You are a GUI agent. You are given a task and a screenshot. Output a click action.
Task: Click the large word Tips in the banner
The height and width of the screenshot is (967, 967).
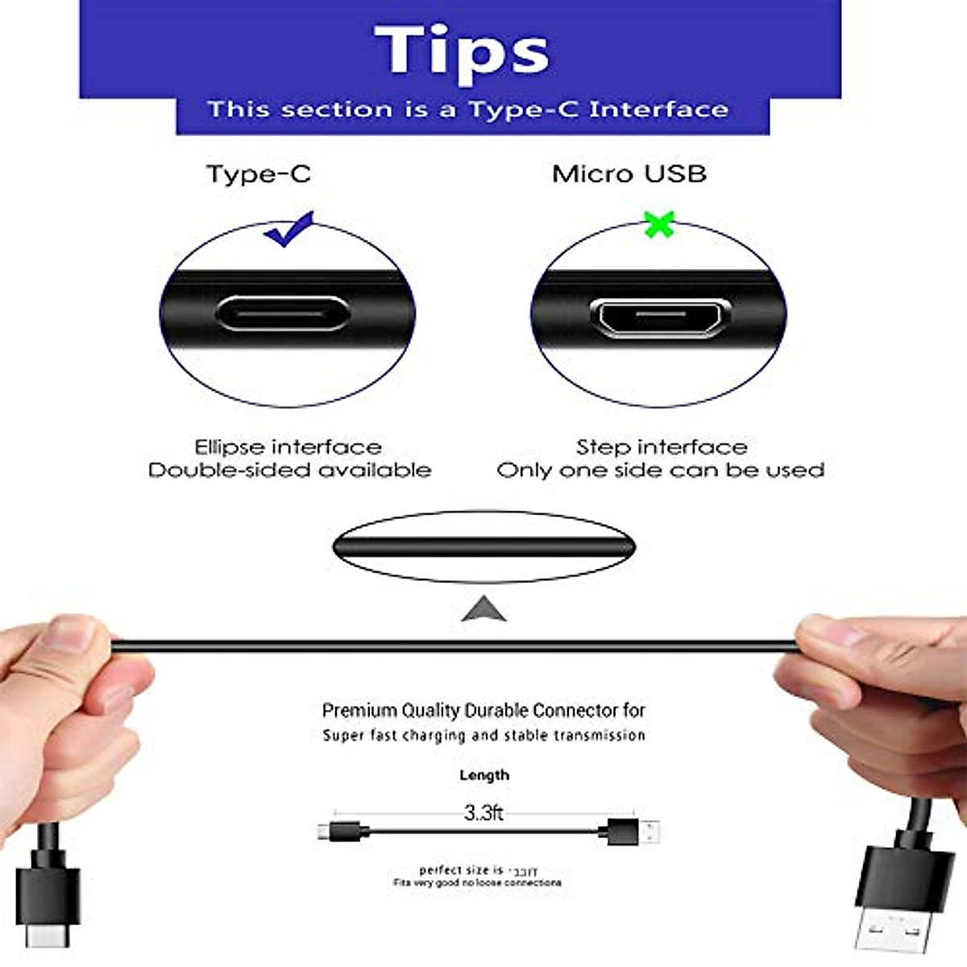[462, 51]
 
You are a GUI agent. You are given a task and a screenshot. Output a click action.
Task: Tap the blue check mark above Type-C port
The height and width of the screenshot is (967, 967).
[288, 229]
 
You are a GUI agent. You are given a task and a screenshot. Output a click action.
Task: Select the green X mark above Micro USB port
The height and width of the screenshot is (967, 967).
[659, 225]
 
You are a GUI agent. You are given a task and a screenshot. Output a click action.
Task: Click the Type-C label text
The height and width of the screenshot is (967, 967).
[259, 174]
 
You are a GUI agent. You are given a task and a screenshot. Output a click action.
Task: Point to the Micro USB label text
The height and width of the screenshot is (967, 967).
[629, 174]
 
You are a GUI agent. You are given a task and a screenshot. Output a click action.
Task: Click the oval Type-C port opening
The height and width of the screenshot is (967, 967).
[282, 313]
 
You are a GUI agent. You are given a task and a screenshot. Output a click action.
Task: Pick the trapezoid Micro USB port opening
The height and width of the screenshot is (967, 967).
[660, 316]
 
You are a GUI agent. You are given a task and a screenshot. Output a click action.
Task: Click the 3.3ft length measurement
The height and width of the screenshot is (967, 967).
[483, 813]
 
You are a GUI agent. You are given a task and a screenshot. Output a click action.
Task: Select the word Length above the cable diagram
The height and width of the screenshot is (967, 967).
[483, 775]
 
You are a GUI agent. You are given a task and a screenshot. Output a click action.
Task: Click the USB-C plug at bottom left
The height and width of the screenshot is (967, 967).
[47, 903]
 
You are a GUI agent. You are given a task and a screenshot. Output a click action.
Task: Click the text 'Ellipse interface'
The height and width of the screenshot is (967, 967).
[288, 447]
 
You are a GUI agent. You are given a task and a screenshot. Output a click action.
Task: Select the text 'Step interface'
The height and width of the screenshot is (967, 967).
[661, 447]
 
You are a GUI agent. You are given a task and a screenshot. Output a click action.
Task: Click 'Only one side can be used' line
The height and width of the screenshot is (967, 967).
[660, 471]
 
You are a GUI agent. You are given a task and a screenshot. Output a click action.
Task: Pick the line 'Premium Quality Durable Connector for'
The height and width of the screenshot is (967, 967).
[483, 711]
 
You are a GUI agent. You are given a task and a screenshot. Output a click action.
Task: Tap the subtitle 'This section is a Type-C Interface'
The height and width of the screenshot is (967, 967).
[467, 110]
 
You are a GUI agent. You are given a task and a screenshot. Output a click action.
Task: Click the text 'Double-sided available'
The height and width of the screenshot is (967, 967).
[289, 471]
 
